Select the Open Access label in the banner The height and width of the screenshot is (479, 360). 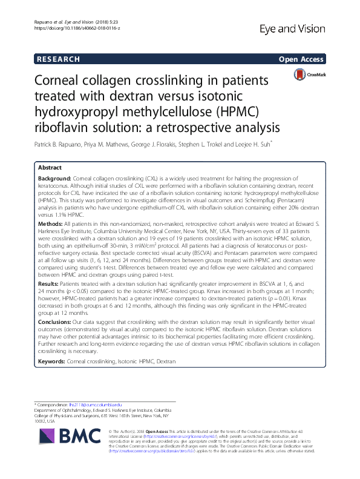300,59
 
